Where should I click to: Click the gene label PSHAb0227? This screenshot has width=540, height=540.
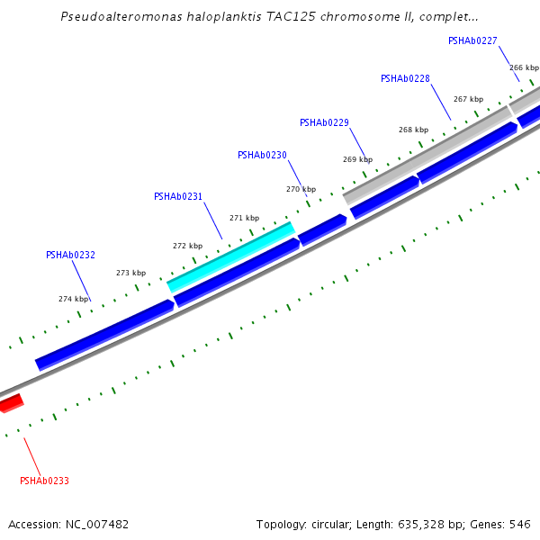click(472, 40)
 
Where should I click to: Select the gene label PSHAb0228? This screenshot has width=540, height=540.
click(405, 79)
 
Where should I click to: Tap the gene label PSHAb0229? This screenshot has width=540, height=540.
click(324, 123)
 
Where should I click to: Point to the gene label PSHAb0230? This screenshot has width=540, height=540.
click(262, 156)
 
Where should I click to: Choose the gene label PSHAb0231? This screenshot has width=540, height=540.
click(178, 197)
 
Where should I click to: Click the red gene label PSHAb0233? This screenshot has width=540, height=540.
click(44, 481)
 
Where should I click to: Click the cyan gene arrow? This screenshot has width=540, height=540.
click(231, 257)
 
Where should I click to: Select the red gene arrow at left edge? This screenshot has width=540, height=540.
click(10, 403)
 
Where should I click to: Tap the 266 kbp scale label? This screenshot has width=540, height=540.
click(524, 68)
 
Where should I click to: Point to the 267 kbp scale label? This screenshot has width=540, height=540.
click(468, 100)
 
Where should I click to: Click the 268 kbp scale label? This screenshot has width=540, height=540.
click(413, 130)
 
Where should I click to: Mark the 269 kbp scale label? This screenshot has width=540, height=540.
click(357, 160)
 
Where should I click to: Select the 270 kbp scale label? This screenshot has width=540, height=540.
click(301, 190)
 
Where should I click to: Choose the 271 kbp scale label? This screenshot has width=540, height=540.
click(244, 219)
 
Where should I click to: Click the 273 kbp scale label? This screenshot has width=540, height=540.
click(130, 274)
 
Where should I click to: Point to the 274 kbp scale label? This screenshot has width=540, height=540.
click(74, 300)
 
